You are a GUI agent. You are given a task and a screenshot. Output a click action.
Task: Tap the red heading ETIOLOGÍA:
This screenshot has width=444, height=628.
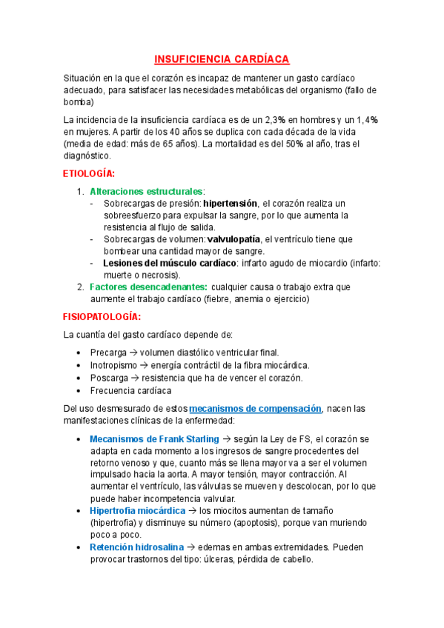pyautogui.click(x=89, y=173)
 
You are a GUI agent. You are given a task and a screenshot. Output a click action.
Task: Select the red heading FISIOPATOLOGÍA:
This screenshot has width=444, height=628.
pyautogui.click(x=100, y=316)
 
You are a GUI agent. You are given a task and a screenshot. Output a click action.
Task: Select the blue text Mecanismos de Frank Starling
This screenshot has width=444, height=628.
pyautogui.click(x=154, y=438)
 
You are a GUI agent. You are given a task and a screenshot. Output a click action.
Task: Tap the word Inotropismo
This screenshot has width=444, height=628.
pyautogui.click(x=115, y=365)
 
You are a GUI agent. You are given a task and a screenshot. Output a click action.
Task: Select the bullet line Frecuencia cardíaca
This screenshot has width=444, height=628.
pyautogui.click(x=130, y=390)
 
